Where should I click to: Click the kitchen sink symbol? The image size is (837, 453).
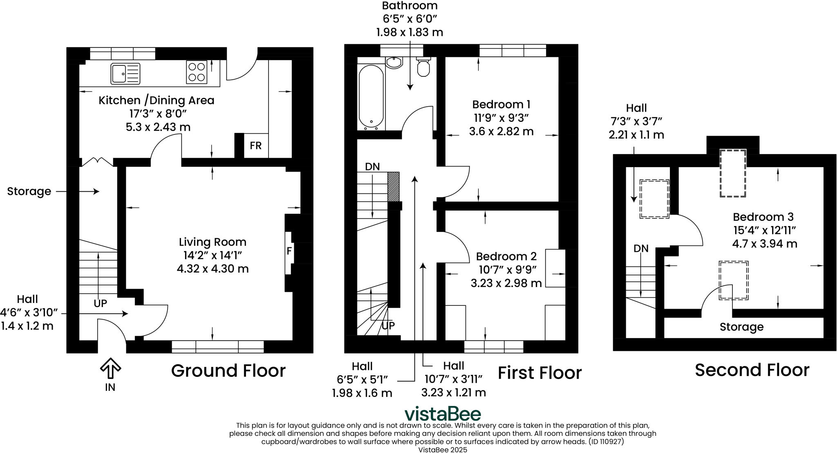point(125,74)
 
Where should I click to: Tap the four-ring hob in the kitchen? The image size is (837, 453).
point(196,72)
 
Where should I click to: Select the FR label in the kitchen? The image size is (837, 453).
point(256,146)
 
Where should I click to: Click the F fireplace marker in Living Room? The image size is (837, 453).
point(289,251)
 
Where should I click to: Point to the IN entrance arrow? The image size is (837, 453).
point(110,368)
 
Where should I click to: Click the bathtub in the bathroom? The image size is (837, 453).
point(371,97)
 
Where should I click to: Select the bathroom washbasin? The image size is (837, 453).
point(394,63)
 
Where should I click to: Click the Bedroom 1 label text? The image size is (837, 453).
point(501,104)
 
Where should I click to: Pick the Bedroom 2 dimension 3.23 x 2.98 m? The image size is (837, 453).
point(506,283)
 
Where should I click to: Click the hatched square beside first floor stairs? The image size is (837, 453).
point(393,186)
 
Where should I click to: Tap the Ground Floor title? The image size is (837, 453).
point(228,370)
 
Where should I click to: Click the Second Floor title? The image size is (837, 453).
point(752,370)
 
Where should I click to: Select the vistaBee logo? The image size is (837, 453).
point(442,414)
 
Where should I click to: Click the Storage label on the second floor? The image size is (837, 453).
point(741,327)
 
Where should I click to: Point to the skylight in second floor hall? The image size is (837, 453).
point(654,199)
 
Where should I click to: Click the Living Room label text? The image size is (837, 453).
point(213,242)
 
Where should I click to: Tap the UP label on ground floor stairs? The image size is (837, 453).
point(100,303)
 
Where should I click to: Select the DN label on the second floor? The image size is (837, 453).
point(641,249)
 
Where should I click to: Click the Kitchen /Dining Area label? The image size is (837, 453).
point(156,100)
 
